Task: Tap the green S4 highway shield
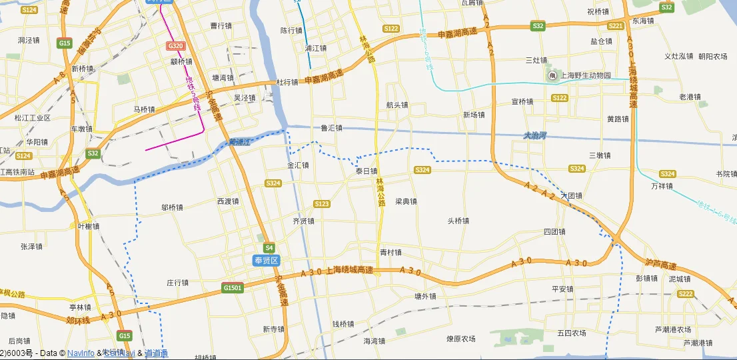coord(269,247)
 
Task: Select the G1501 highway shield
coord(233,288)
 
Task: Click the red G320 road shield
coord(175,46)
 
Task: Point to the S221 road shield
coord(616,26)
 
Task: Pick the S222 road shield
coord(685,294)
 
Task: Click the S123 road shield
coord(322,204)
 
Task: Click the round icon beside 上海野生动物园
coord(552,75)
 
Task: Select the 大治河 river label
coord(534,135)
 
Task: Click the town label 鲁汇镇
coord(331,128)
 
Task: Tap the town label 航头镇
coord(397,105)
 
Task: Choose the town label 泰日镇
coord(367,171)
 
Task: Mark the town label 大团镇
coord(571,196)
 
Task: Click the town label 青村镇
coord(390,253)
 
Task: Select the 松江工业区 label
coord(33,118)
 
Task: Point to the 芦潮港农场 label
coord(672,329)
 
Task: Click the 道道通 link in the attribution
coord(157,353)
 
